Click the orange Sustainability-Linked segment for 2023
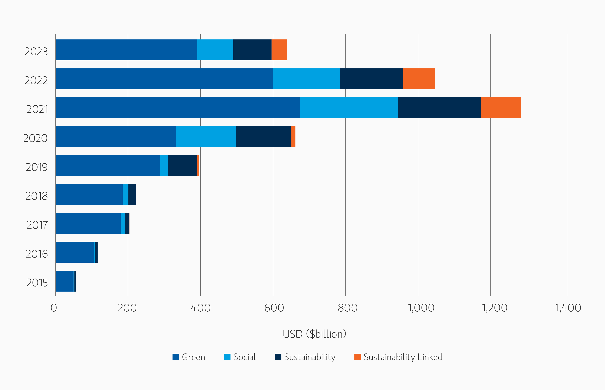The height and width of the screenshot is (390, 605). click(x=279, y=50)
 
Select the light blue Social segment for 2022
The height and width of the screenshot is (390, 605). click(x=306, y=79)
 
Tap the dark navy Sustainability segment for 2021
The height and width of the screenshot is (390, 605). click(x=439, y=108)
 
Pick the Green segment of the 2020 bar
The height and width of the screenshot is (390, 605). click(x=116, y=137)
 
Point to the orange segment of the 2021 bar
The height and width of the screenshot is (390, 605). click(x=501, y=108)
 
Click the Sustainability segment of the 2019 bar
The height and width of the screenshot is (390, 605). click(x=182, y=165)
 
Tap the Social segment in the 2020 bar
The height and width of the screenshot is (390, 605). click(x=206, y=137)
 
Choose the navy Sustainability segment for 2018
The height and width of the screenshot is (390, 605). click(x=132, y=194)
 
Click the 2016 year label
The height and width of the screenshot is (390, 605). click(x=37, y=254)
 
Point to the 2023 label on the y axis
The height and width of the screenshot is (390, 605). click(x=36, y=52)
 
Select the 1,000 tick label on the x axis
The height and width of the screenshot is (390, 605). click(x=421, y=308)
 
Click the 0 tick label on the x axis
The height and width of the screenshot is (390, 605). click(x=54, y=308)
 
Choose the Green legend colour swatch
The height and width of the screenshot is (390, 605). click(x=176, y=357)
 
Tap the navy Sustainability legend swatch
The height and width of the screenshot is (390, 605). click(x=278, y=357)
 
